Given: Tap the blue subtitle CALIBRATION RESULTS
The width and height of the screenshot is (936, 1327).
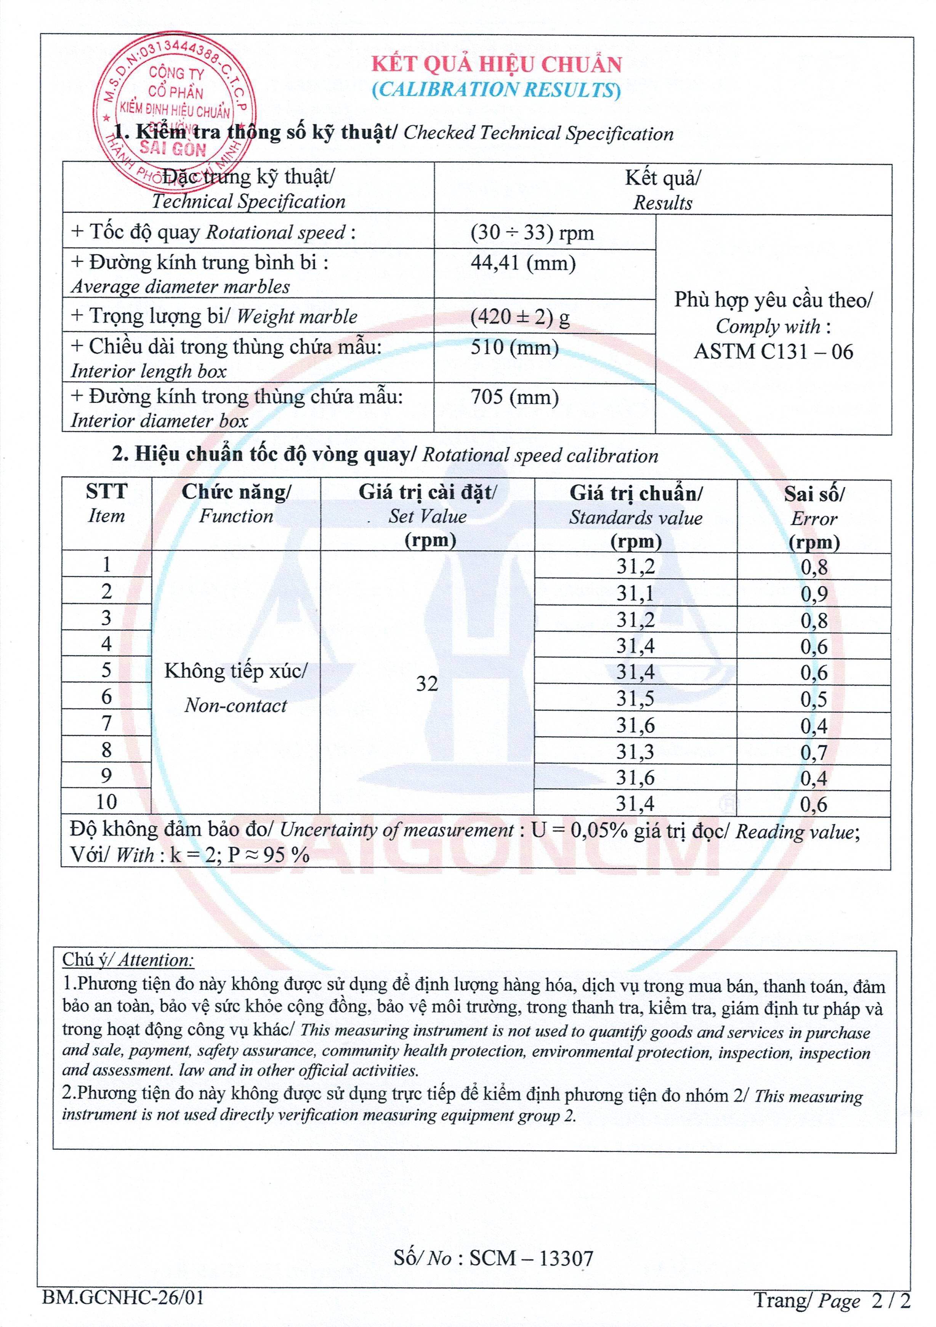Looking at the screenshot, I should point(496,90).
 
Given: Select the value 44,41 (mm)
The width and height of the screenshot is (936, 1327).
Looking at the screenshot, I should point(522,264).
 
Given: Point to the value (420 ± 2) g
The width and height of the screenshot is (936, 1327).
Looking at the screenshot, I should point(520,317).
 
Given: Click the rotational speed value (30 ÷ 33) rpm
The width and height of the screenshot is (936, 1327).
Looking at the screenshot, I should point(532,232).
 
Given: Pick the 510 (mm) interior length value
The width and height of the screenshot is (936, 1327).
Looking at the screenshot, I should point(514,347).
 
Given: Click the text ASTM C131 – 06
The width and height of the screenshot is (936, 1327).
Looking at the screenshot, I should point(773,351).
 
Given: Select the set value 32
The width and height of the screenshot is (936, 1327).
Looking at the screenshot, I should point(427,684).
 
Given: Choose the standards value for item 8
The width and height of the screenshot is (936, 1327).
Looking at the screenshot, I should point(635,751).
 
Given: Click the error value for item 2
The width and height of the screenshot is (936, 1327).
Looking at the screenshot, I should point(813,594).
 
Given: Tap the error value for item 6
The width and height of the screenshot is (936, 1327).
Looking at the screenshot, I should point(813,700).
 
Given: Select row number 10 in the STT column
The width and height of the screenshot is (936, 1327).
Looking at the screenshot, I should point(106,802).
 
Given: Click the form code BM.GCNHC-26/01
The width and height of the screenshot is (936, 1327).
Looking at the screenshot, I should point(123,1298).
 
